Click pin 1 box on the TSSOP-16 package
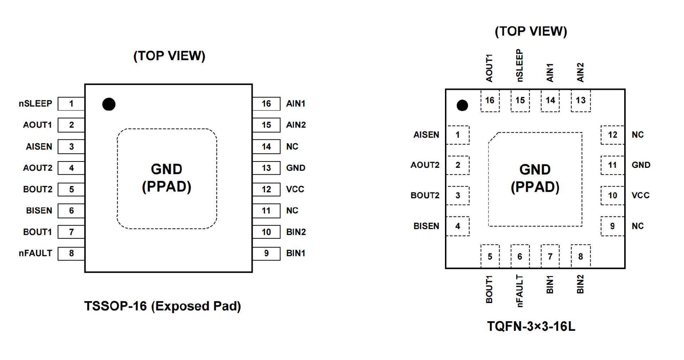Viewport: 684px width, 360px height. [71, 104]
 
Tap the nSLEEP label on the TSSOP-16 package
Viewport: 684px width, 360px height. [35, 104]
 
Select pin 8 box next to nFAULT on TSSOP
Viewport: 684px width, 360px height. [71, 253]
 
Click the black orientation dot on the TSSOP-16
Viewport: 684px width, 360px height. [109, 104]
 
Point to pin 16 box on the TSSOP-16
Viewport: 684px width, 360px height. [266, 104]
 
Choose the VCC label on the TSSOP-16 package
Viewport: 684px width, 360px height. [295, 189]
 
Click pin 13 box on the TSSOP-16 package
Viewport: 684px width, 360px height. [266, 168]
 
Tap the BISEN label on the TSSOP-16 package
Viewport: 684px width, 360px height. [39, 211]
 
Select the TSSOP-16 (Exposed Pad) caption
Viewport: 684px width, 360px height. [162, 306]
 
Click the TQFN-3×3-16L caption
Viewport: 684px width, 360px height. [531, 326]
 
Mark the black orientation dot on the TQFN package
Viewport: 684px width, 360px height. [462, 105]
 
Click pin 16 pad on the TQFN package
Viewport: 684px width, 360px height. [490, 101]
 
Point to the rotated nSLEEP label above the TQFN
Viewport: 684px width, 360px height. [520, 66]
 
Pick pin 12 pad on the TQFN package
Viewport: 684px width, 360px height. [612, 135]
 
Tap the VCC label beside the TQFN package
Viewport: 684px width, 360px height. [640, 195]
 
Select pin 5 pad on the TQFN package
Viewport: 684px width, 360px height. [490, 256]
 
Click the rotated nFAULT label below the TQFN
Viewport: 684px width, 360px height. [520, 291]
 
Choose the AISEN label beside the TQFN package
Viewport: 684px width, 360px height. [426, 135]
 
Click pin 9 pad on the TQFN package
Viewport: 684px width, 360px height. [612, 226]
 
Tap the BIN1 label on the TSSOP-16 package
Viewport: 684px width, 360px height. [296, 253]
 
